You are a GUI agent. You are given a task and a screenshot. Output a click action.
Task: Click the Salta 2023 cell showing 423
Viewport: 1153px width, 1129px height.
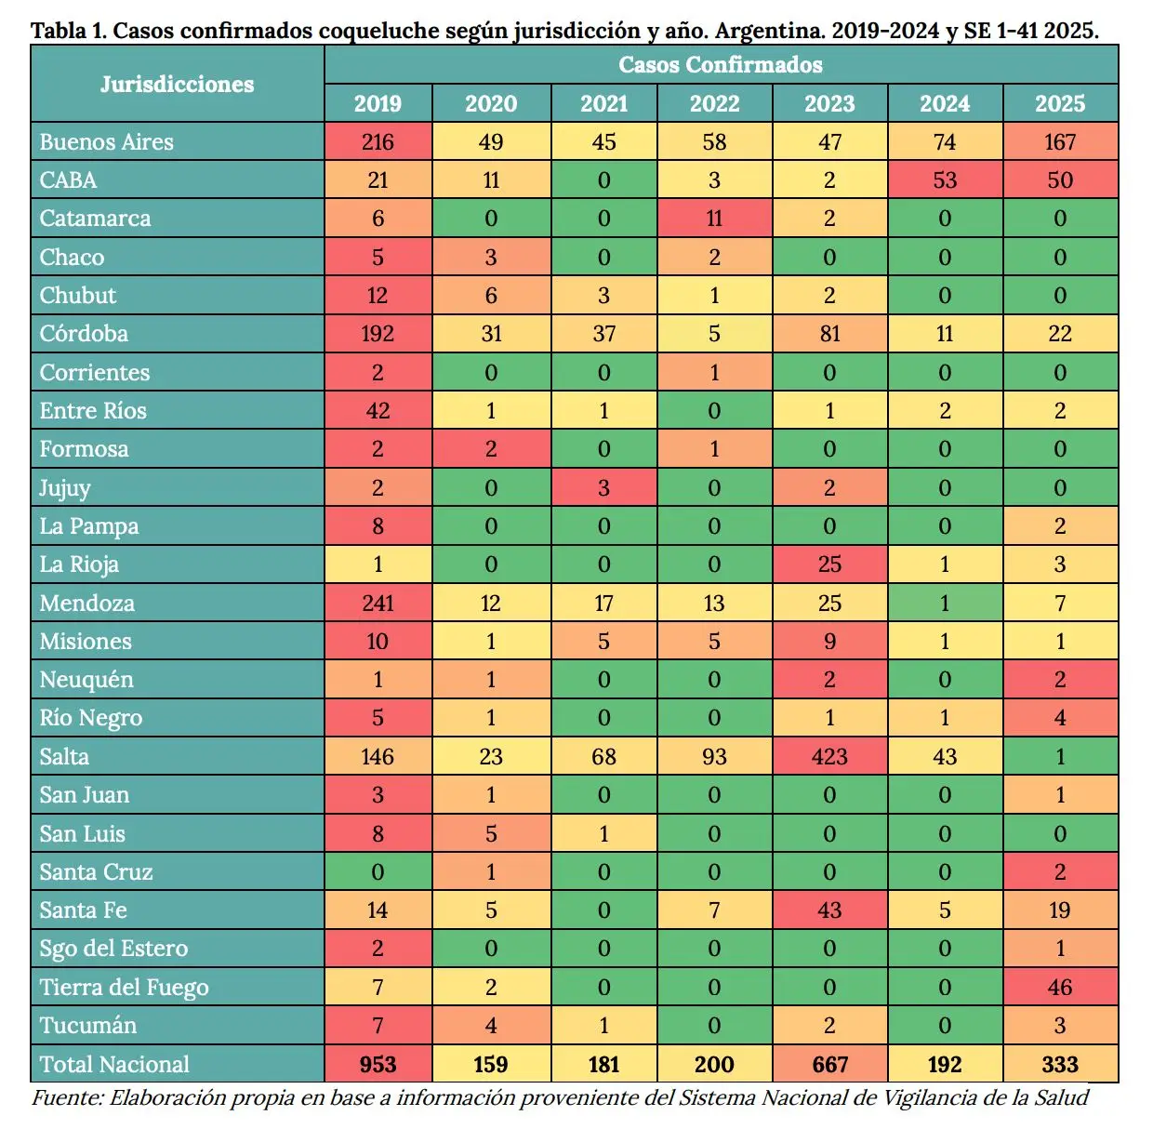click(x=828, y=756)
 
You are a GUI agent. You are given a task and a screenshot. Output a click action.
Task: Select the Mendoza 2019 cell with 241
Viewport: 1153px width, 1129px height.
click(x=378, y=603)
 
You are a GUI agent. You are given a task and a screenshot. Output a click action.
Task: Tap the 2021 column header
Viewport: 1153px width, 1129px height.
click(x=603, y=103)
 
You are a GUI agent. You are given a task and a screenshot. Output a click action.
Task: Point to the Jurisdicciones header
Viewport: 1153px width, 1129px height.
click(x=177, y=84)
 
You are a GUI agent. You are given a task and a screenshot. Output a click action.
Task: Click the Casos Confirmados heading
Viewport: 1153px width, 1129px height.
click(x=721, y=64)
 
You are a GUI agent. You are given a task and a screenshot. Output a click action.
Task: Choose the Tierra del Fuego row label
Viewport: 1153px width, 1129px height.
click(x=124, y=987)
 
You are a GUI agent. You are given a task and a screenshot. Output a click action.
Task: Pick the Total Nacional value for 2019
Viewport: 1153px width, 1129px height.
click(x=378, y=1064)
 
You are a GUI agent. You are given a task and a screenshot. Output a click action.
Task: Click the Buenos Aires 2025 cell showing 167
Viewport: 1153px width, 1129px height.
click(x=1059, y=142)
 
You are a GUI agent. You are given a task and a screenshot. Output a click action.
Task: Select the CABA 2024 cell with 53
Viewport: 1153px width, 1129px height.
click(x=945, y=180)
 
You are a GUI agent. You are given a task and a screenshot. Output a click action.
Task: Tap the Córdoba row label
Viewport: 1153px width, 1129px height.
click(x=84, y=334)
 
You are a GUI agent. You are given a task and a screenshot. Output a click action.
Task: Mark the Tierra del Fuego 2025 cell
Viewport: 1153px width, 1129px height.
click(x=1059, y=987)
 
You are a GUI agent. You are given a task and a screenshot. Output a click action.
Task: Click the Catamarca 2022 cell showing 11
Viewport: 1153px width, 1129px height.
click(x=714, y=219)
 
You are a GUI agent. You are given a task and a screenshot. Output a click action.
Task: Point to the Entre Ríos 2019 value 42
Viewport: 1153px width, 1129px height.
click(x=378, y=411)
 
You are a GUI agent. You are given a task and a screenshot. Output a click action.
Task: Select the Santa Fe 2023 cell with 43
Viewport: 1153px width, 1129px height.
click(x=828, y=910)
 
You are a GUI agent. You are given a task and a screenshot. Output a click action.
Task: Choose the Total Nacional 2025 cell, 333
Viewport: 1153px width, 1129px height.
click(x=1059, y=1064)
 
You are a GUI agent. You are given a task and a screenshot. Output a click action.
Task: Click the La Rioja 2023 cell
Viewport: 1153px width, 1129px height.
click(x=828, y=564)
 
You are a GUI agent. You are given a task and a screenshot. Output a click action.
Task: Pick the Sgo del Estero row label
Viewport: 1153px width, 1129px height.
click(x=113, y=949)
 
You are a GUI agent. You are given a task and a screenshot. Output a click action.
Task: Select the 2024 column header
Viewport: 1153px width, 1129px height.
click(x=945, y=103)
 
